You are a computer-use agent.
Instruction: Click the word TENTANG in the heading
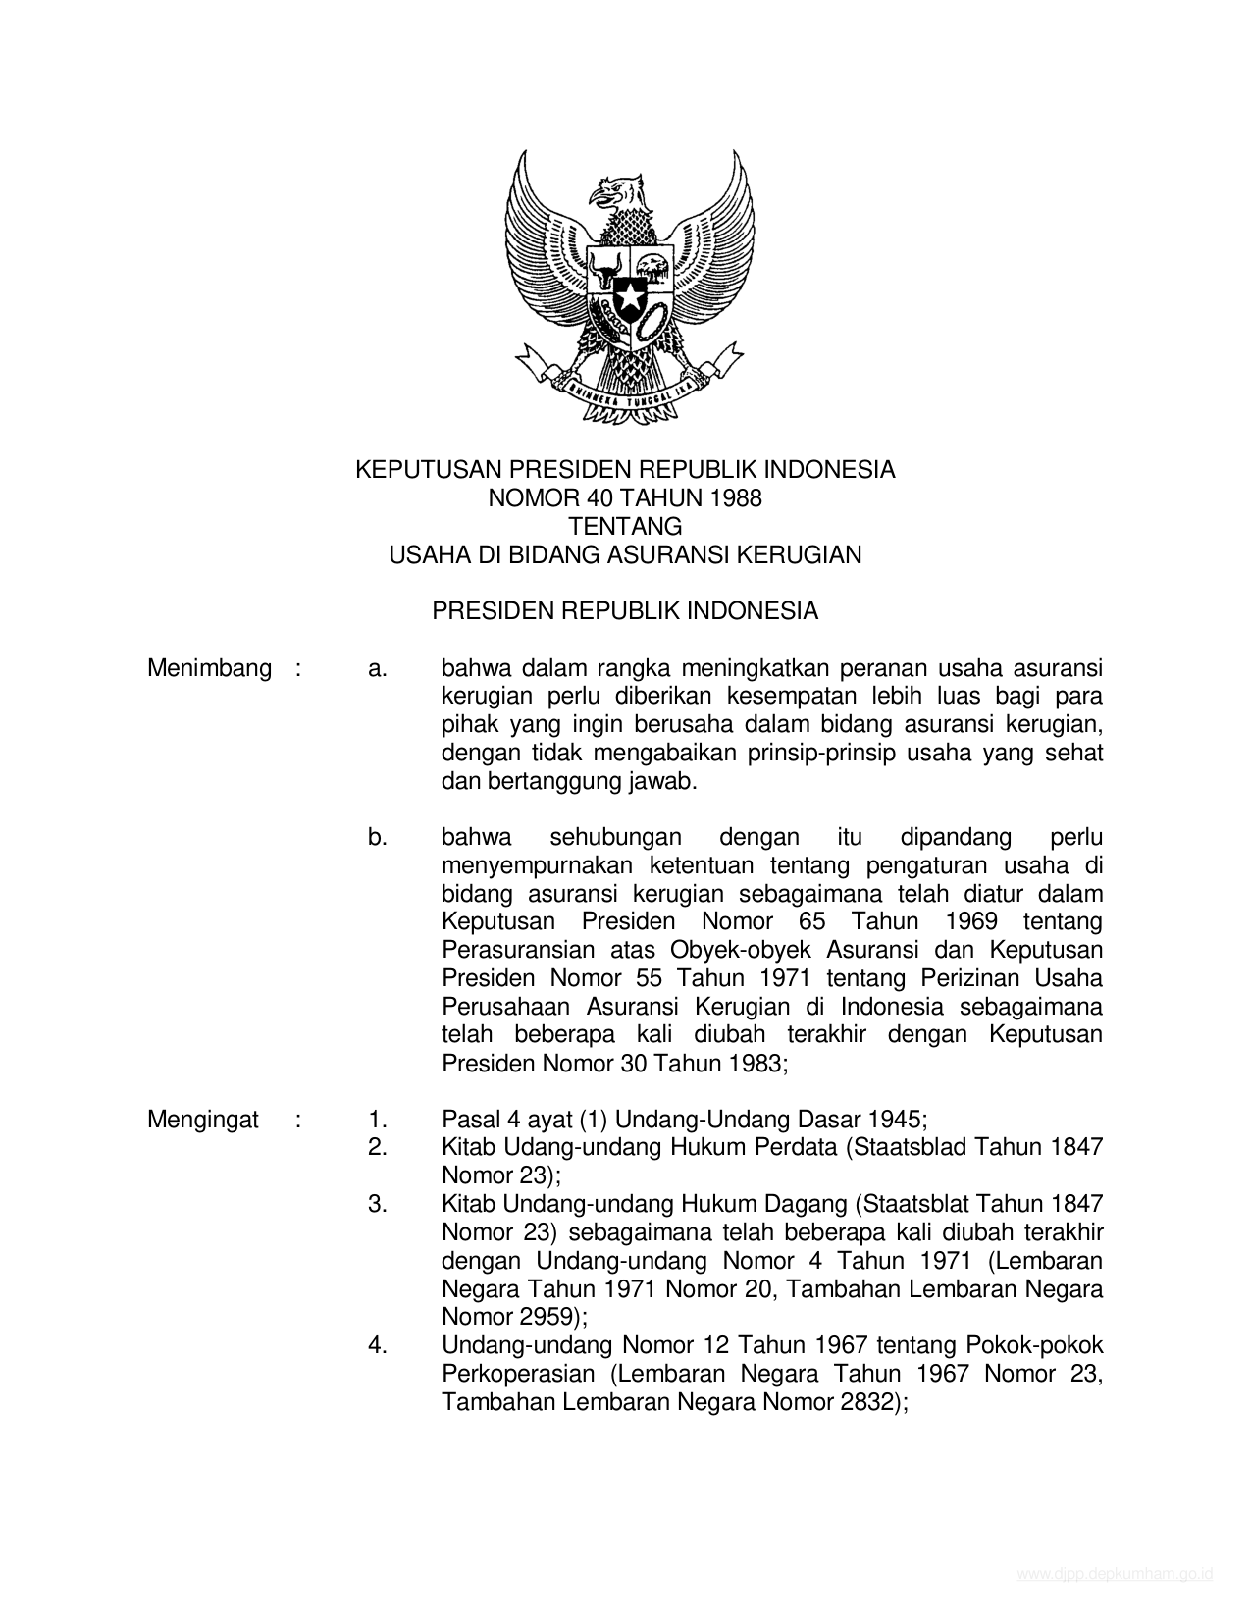625,527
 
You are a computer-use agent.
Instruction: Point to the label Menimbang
209,669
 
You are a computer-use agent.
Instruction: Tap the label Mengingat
203,1120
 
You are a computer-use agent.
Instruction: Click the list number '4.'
378,1345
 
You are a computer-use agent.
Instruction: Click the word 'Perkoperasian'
518,1374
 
